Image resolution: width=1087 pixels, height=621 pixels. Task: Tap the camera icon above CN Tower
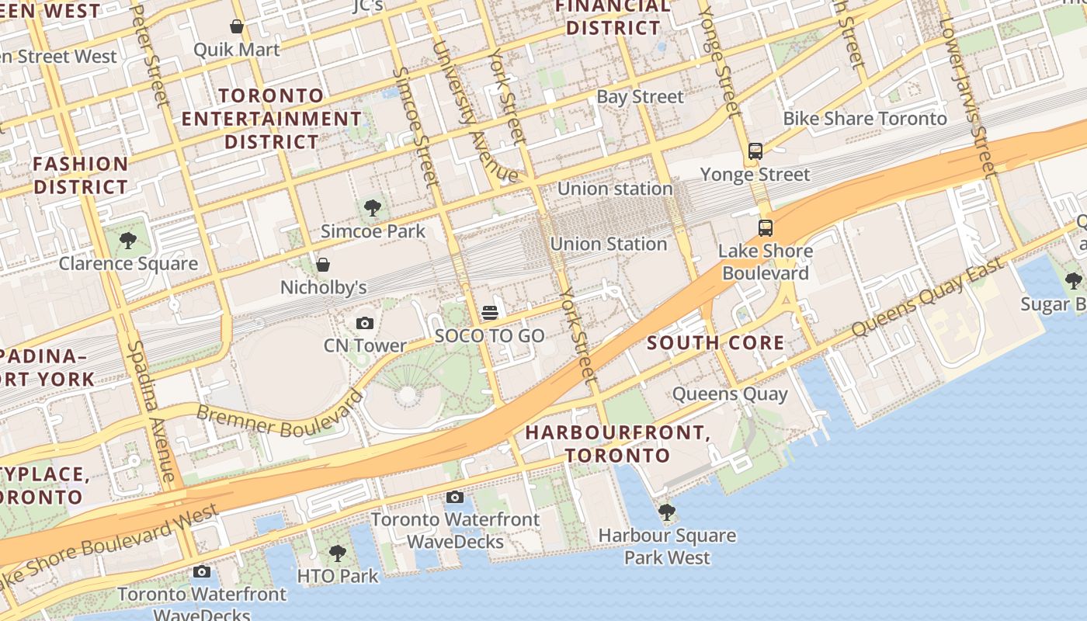click(365, 323)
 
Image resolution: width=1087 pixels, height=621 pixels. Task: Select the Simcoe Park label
click(373, 231)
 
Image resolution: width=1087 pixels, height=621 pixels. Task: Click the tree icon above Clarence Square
click(128, 241)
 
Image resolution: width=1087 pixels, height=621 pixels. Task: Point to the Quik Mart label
click(236, 50)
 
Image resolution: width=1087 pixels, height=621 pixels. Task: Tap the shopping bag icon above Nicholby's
click(323, 265)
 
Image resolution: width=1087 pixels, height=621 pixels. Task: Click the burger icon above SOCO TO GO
click(489, 313)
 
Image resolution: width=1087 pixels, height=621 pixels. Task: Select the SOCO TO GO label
click(489, 336)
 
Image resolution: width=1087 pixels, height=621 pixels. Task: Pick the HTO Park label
click(338, 576)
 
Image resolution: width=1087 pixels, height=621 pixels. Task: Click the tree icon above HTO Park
click(337, 553)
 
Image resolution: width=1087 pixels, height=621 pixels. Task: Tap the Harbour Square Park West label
click(667, 546)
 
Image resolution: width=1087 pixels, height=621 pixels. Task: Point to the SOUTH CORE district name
click(715, 343)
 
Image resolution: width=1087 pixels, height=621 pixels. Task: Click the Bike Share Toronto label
click(865, 119)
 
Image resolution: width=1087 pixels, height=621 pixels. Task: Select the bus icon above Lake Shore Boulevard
click(766, 228)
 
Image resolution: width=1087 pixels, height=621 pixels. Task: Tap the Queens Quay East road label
click(927, 299)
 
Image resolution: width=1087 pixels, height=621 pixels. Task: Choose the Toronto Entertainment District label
click(272, 119)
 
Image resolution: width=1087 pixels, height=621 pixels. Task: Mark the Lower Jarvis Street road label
click(966, 85)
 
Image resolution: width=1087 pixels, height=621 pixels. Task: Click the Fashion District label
click(81, 175)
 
